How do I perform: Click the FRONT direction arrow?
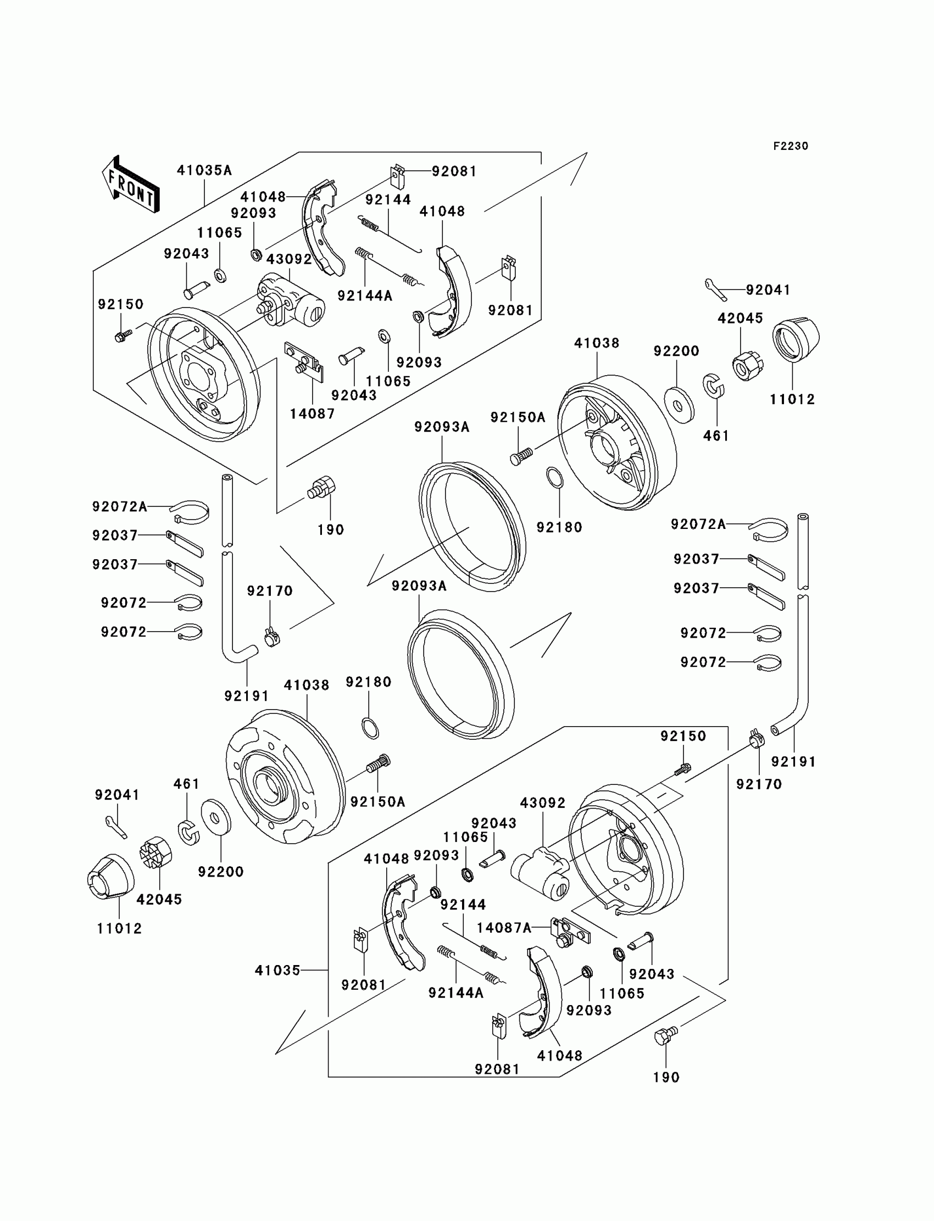131,184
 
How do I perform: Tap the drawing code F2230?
791,146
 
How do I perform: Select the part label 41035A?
204,170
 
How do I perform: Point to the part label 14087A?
504,928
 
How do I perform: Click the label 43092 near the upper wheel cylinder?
289,260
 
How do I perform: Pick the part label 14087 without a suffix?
312,414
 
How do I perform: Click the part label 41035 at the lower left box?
277,971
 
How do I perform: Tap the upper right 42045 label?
740,319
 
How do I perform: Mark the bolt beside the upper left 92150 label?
124,336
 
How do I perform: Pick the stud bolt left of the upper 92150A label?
521,457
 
